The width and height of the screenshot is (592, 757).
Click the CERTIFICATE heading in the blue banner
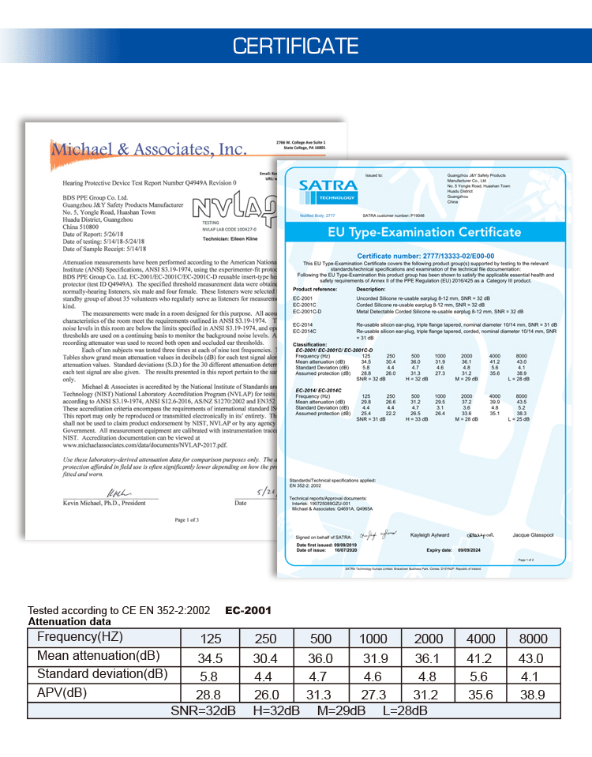click(x=295, y=46)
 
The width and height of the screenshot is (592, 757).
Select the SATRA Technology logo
click(x=328, y=190)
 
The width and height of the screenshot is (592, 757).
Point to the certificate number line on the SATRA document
click(x=425, y=256)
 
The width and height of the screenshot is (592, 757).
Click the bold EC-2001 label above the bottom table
click(x=248, y=610)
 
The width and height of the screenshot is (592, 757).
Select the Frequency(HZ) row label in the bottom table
click(x=80, y=638)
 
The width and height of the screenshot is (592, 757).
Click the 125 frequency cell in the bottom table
click(x=210, y=639)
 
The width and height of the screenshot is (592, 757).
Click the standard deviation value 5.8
click(x=210, y=676)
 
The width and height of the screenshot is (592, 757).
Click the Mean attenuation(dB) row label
click(x=97, y=656)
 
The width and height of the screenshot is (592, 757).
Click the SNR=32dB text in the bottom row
click(x=203, y=710)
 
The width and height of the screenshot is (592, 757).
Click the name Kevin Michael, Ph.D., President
click(x=104, y=502)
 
